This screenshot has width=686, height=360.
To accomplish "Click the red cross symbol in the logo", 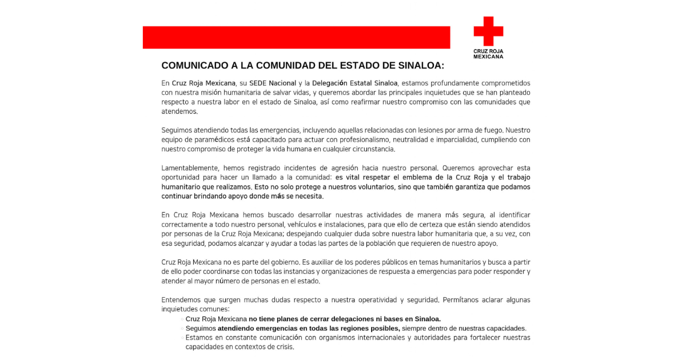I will pyautogui.click(x=488, y=31).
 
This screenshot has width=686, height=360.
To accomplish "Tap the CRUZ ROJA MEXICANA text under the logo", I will pyautogui.click(x=488, y=54).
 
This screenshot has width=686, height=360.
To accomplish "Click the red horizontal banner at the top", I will pyautogui.click(x=296, y=37).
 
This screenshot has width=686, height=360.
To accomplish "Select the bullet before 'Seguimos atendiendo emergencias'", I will pyautogui.click(x=182, y=329).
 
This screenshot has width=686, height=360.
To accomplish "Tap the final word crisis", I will pyautogui.click(x=285, y=347).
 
